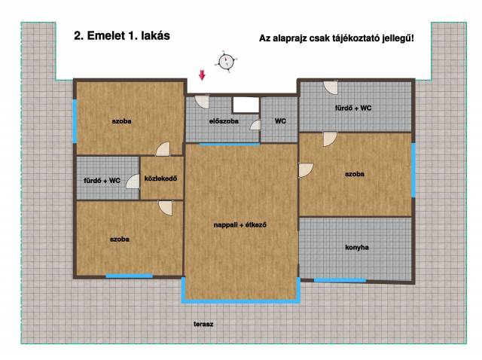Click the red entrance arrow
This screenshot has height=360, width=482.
[x=202, y=75]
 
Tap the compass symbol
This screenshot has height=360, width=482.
[x=227, y=61]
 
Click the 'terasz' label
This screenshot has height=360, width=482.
[x=203, y=324]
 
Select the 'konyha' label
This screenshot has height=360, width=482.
[x=356, y=247]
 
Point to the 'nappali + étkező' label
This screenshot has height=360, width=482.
[x=239, y=224]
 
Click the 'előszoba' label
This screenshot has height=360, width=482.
[x=224, y=121]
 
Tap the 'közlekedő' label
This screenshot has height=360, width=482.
[x=160, y=178]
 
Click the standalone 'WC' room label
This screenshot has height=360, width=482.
[x=280, y=121]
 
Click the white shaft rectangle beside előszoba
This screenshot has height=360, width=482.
[x=246, y=105]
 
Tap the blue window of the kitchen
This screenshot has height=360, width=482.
[x=340, y=280]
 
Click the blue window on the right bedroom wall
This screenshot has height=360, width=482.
[x=413, y=169]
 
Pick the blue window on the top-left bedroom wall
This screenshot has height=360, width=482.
[x=75, y=121]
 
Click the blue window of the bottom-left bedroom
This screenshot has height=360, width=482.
[x=129, y=276]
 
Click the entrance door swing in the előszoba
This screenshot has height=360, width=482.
[x=201, y=102]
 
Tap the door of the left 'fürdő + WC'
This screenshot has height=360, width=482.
[x=133, y=182]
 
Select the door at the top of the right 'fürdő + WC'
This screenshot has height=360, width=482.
[x=331, y=87]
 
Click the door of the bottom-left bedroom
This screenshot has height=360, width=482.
[x=166, y=208]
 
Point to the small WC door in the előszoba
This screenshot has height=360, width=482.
[x=256, y=125]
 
